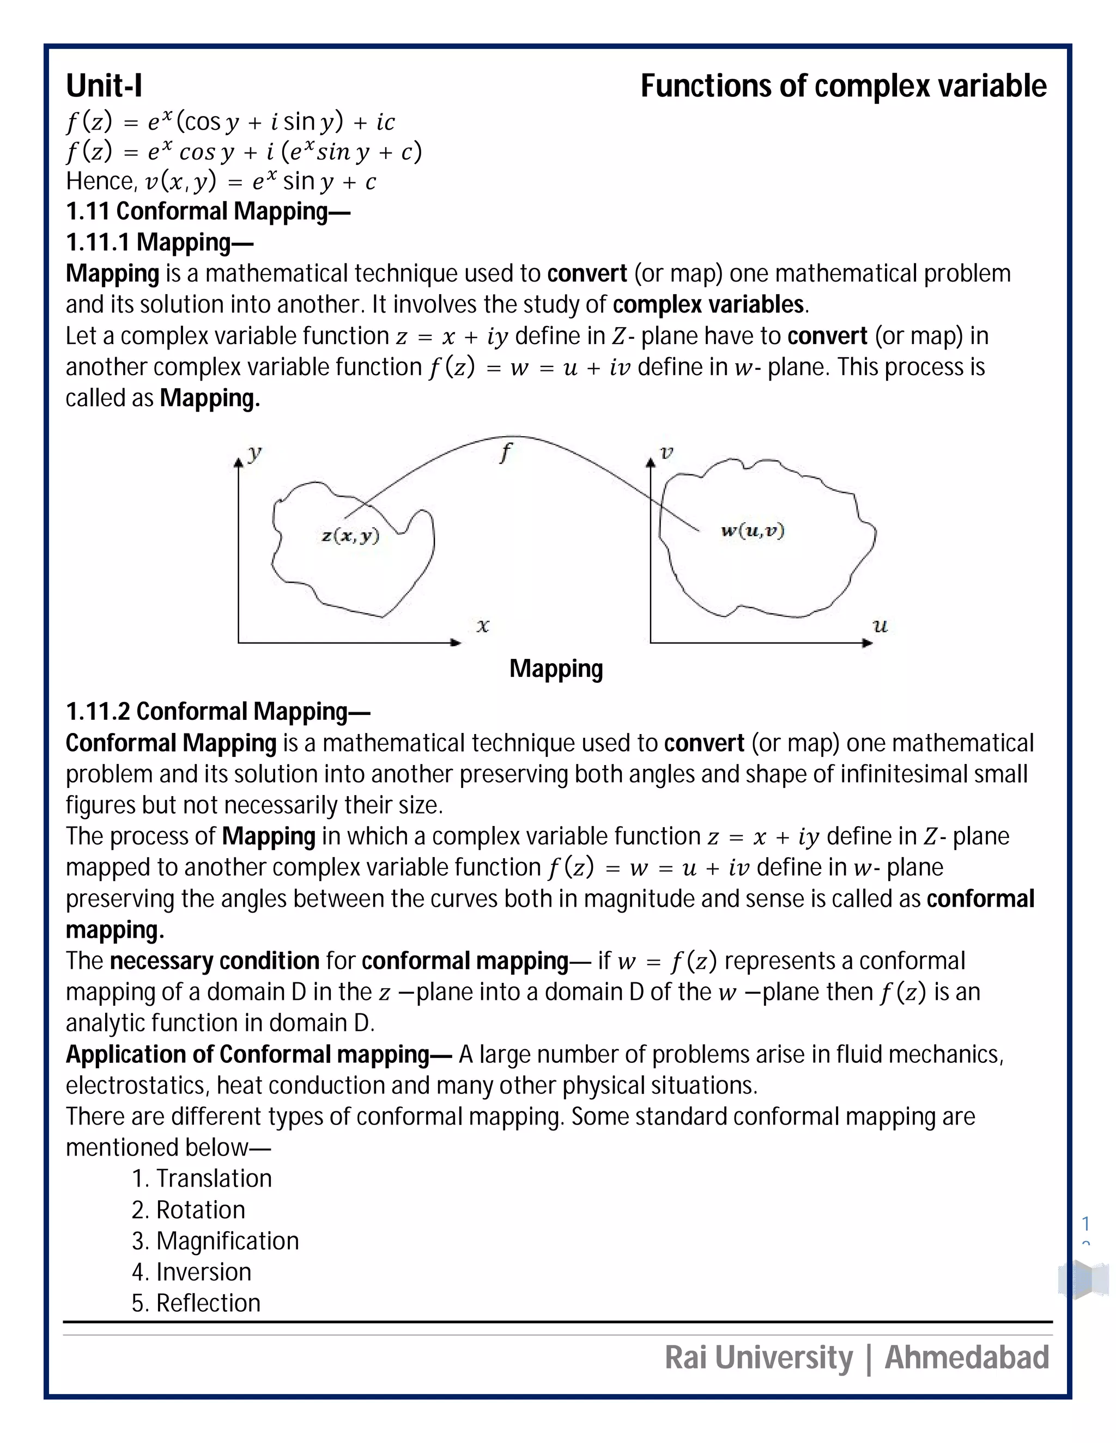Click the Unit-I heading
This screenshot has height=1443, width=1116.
[104, 86]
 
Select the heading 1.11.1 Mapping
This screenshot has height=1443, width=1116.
[159, 242]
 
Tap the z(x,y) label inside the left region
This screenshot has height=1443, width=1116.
[350, 535]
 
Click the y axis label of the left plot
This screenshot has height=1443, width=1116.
[254, 453]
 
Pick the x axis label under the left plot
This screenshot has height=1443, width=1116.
[483, 625]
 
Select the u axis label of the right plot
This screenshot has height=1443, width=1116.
[880, 625]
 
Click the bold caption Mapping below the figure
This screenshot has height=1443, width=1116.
[555, 669]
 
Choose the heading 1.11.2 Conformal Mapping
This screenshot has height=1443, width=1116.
[217, 711]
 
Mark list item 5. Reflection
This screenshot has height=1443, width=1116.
[196, 1303]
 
